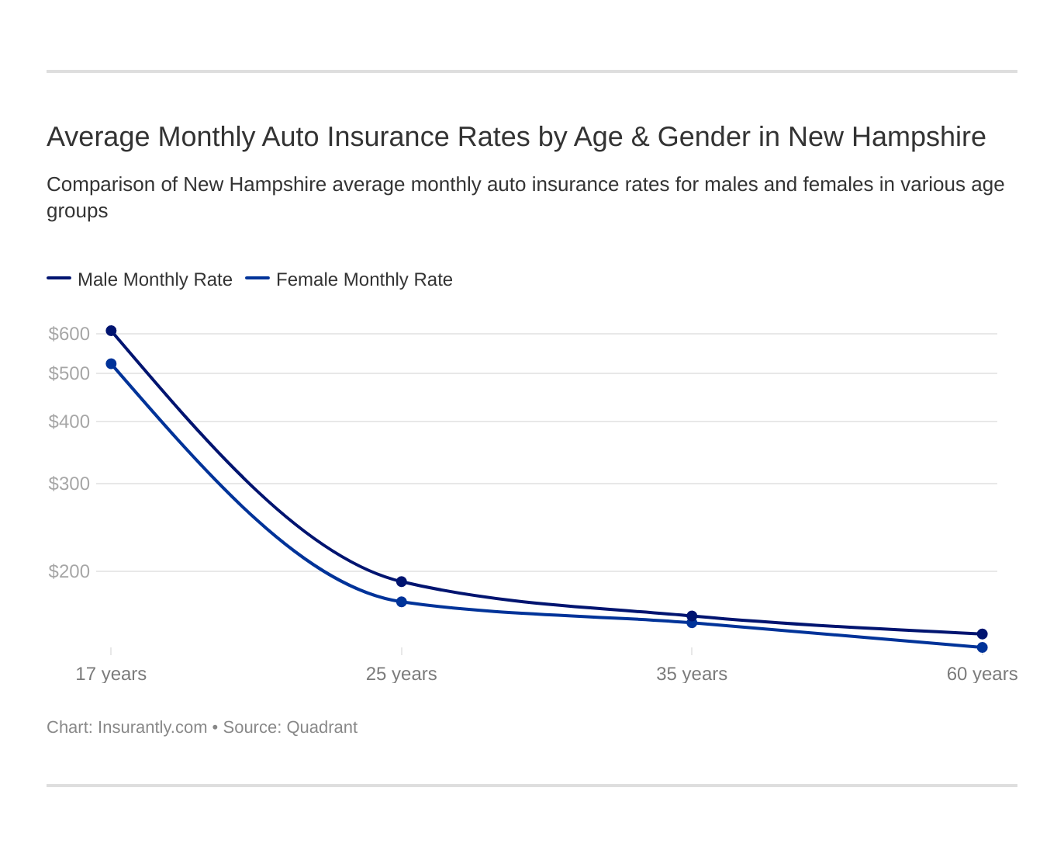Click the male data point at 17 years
(111, 331)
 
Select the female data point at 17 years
(111, 364)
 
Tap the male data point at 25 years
(402, 582)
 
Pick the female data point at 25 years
(402, 602)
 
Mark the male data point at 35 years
(692, 616)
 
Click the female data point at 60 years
(982, 647)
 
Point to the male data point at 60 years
(982, 634)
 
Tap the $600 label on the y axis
(69, 334)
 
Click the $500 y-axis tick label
(69, 373)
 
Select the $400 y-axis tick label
(69, 422)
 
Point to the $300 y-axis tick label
(69, 484)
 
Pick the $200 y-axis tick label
(69, 571)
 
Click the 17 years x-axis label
(111, 674)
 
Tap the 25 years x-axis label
(402, 674)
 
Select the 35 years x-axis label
(692, 674)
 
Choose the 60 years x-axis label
(982, 674)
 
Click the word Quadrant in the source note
(322, 727)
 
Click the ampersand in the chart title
(640, 137)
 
